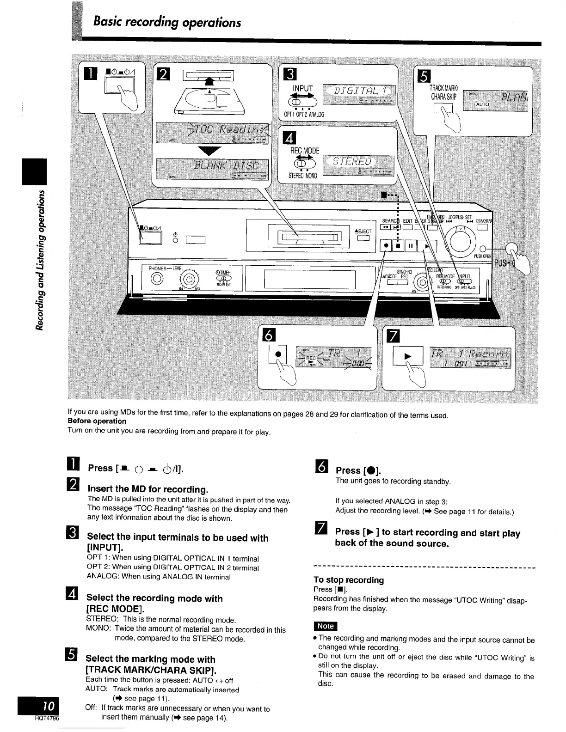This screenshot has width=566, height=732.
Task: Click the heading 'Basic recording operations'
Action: pos(167,22)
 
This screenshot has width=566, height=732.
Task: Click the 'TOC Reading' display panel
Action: pos(213,134)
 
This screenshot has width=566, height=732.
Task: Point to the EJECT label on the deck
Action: pos(363,232)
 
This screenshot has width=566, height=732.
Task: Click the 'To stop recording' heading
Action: pos(349,579)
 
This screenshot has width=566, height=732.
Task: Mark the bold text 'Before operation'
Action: pos(97,421)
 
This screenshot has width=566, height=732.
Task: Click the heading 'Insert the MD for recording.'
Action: pos(148,488)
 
